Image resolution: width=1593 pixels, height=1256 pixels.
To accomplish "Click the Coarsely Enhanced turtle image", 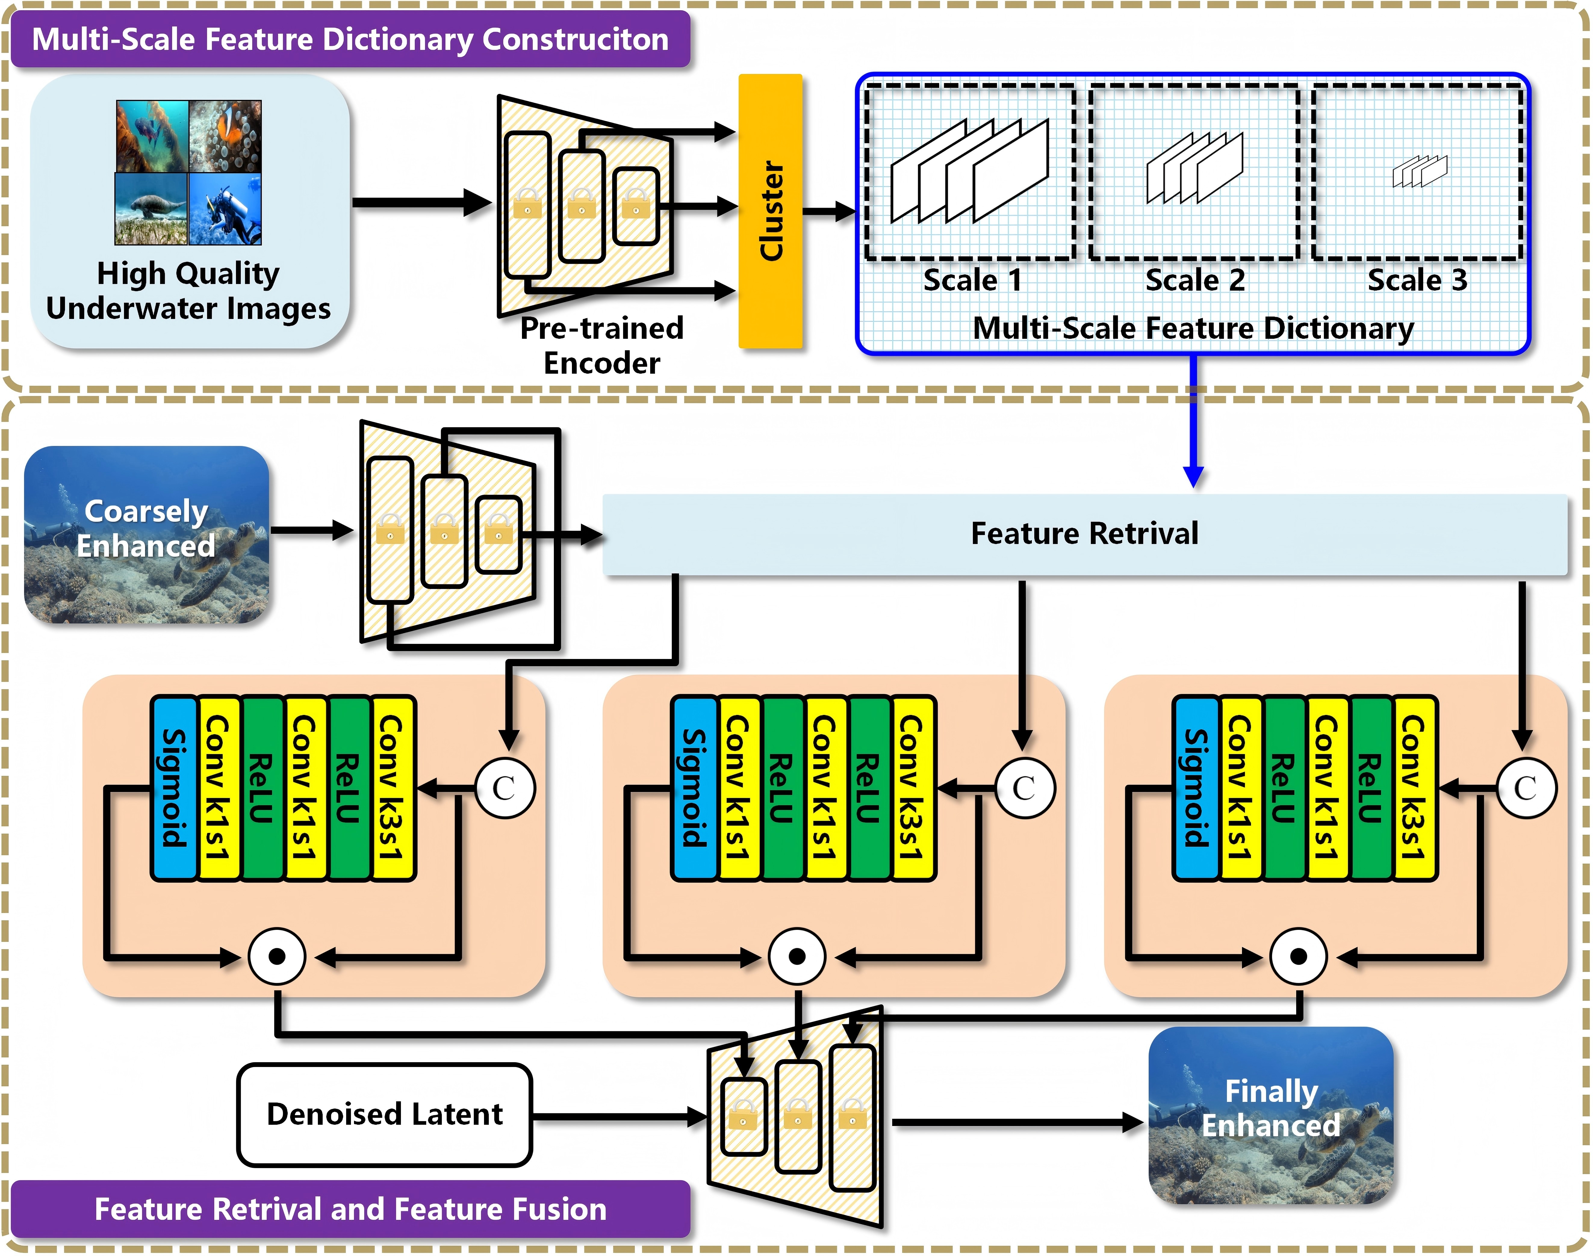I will coord(146,535).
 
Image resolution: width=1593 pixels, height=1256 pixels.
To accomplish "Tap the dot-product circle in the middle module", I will coord(796,956).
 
